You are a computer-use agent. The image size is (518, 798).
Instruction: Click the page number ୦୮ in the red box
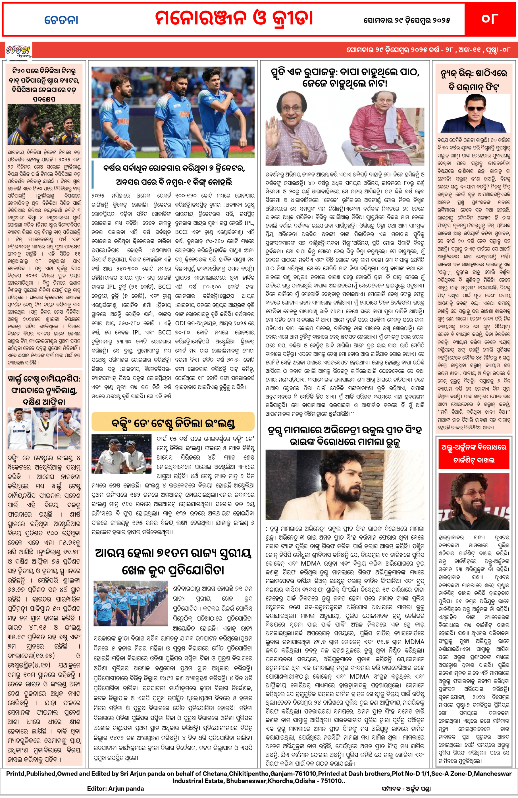tap(490, 19)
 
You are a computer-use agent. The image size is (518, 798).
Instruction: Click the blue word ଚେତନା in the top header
tap(61, 20)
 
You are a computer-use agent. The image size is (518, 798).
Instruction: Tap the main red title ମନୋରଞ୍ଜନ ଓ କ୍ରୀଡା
tap(234, 18)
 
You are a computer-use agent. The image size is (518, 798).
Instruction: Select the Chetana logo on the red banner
tap(18, 51)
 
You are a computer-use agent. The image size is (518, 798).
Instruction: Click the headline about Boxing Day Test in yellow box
tap(173, 423)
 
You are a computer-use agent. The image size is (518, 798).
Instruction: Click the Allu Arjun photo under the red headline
tap(474, 501)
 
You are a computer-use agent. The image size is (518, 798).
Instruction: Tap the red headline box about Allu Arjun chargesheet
tap(474, 453)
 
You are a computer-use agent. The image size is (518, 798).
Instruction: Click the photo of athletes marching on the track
tap(131, 603)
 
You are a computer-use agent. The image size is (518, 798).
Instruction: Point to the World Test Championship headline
tap(44, 390)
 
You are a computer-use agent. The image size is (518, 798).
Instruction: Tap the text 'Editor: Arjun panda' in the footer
tap(115, 789)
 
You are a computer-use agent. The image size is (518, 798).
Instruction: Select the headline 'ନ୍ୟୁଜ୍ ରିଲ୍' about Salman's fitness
tap(474, 80)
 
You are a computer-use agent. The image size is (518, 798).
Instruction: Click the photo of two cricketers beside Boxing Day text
tap(121, 454)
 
